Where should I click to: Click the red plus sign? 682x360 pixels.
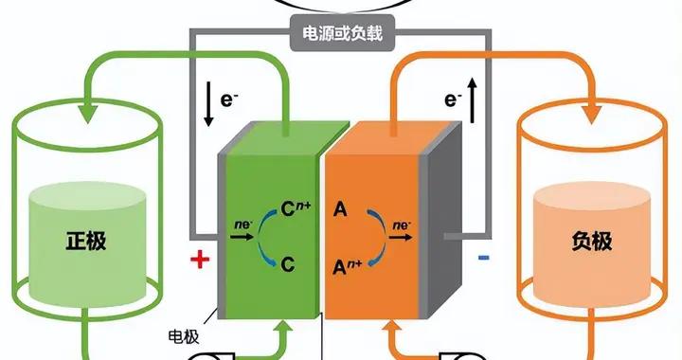[x=199, y=261]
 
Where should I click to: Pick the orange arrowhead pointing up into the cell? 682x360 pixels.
[x=394, y=329]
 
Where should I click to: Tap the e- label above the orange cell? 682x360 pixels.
[x=453, y=98]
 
